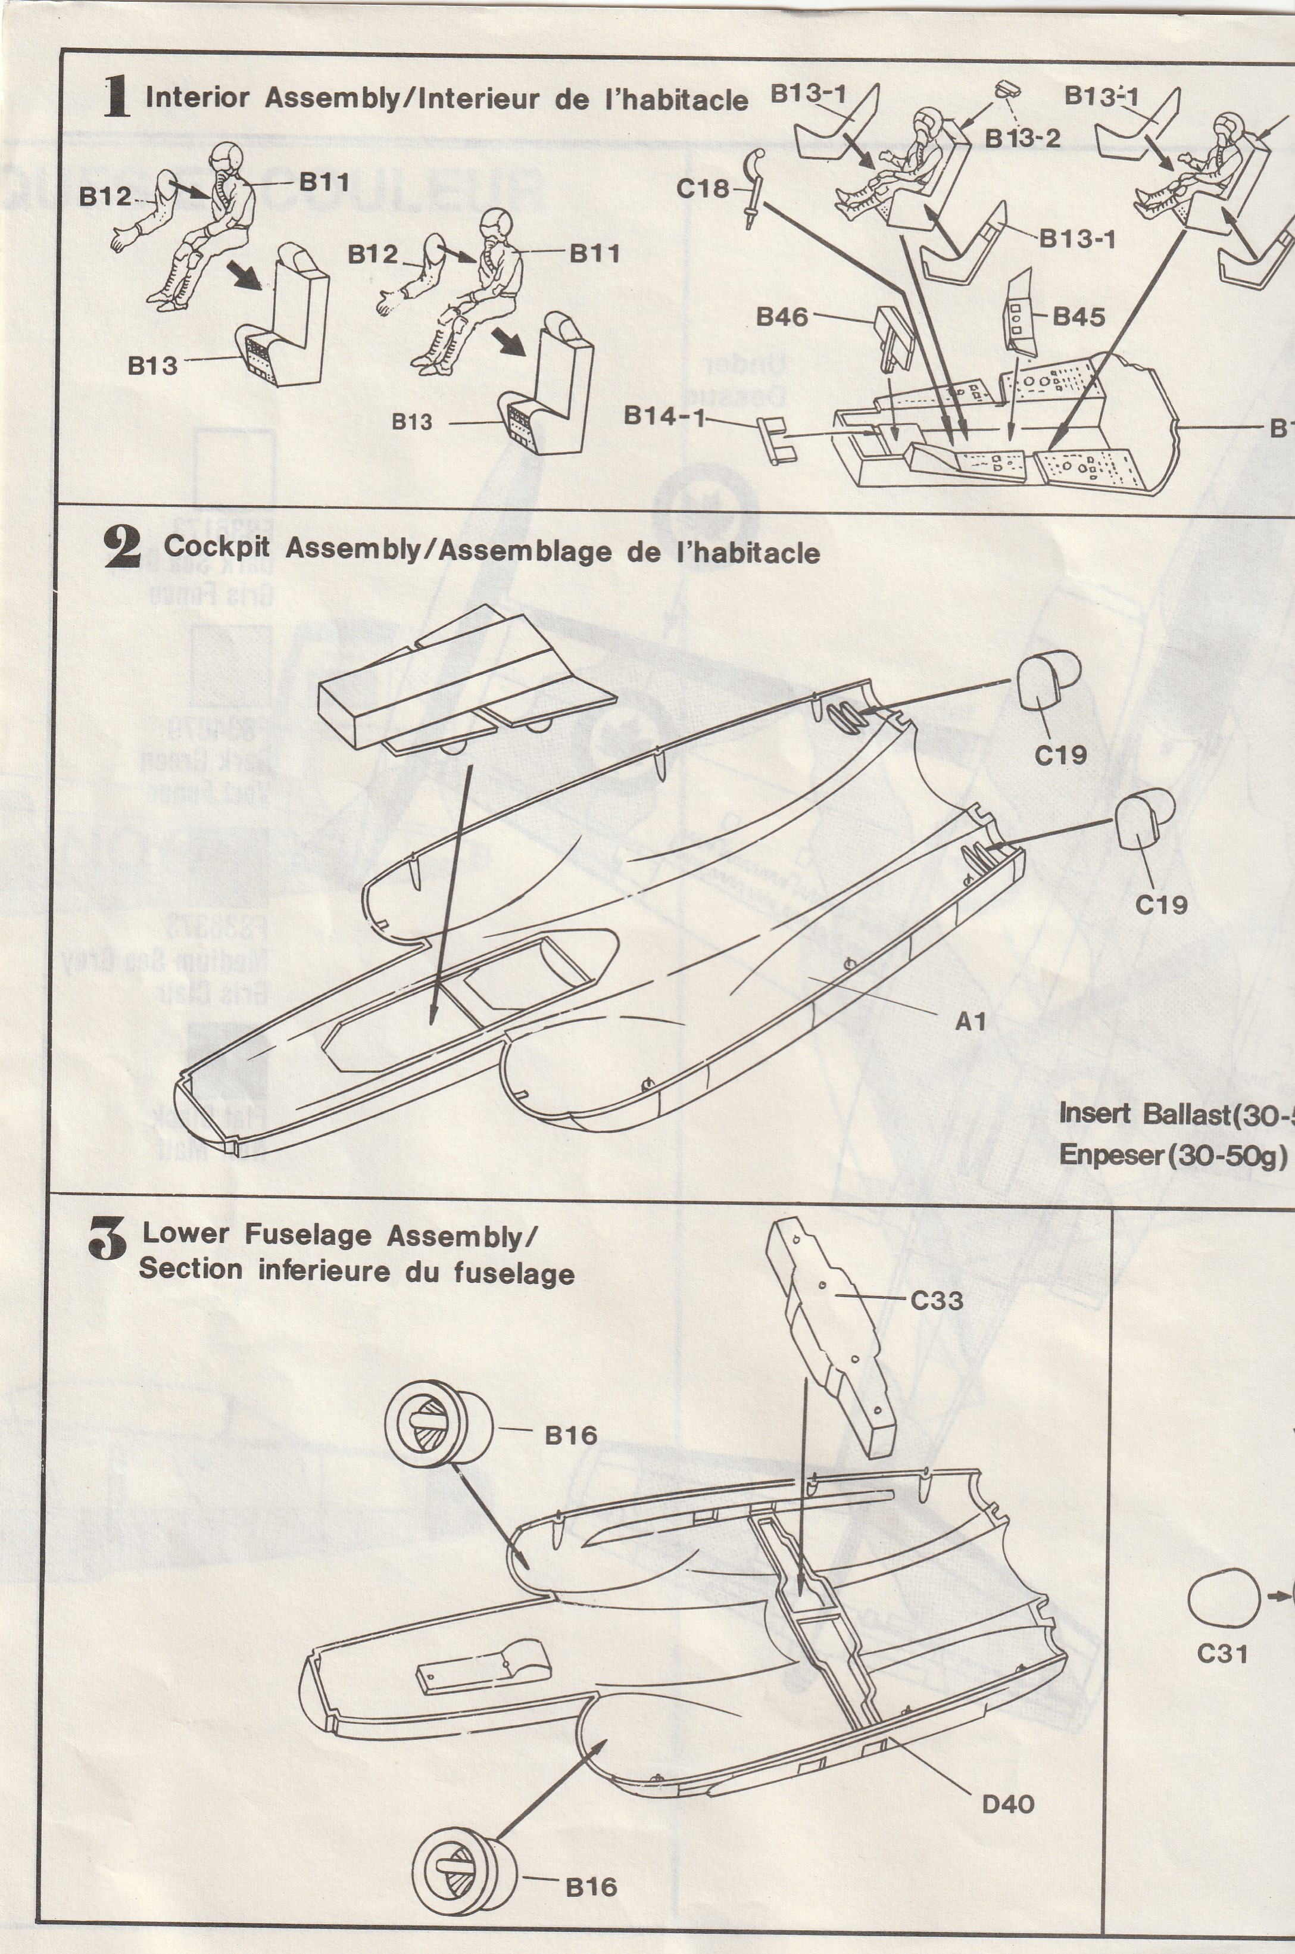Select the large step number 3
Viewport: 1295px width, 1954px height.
point(107,1241)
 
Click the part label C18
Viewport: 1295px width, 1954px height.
point(702,189)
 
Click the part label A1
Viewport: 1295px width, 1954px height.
point(971,1021)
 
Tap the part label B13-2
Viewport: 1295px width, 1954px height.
point(1022,138)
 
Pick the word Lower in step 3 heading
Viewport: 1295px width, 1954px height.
point(186,1234)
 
